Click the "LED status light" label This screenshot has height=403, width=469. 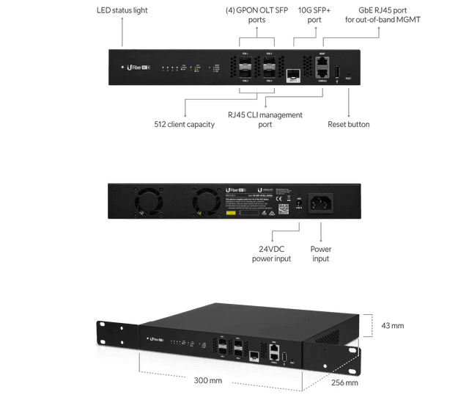[x=121, y=11]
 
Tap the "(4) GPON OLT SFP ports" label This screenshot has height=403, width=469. [x=256, y=15]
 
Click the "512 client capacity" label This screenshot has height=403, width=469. [x=185, y=125]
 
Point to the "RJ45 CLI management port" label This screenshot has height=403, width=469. [x=265, y=120]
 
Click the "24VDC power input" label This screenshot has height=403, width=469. [x=272, y=254]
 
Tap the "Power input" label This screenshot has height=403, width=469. [x=321, y=254]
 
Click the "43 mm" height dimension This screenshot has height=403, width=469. [x=393, y=325]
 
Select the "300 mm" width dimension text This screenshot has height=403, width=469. [x=209, y=381]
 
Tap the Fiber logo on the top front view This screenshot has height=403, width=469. [x=140, y=68]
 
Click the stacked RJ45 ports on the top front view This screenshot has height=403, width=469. [x=322, y=68]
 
